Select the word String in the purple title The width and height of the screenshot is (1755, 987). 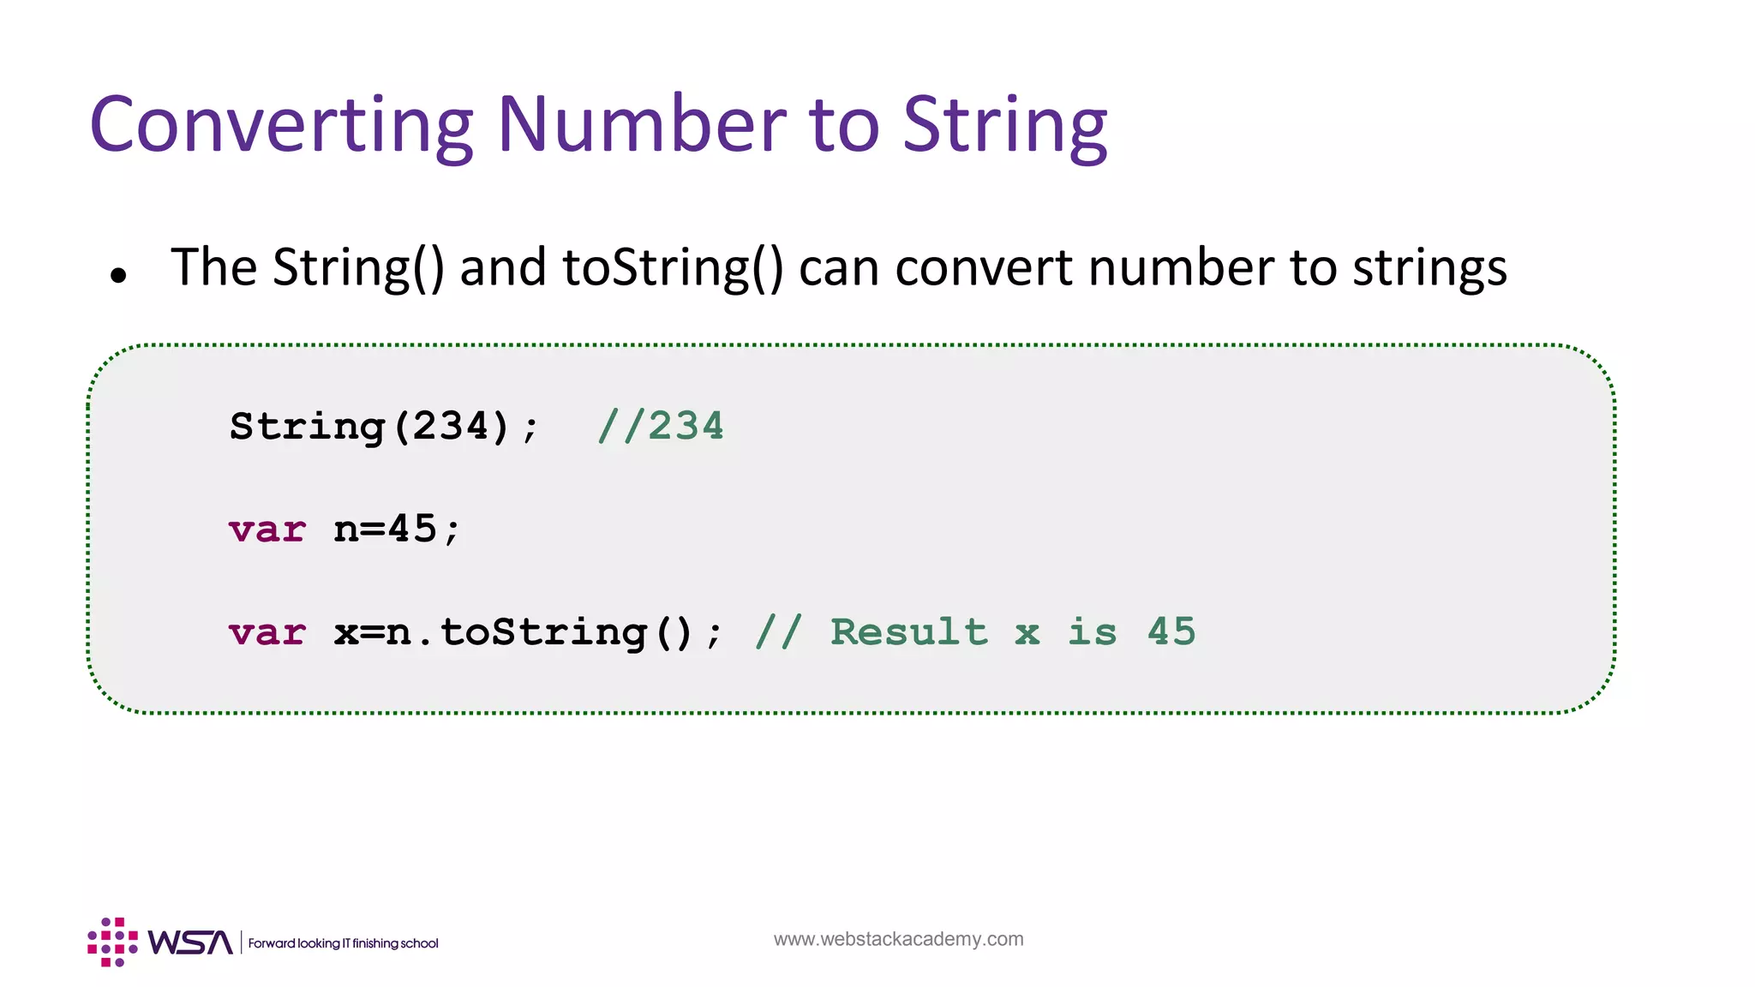point(1004,127)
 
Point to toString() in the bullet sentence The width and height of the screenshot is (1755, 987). point(673,267)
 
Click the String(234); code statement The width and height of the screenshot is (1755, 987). point(384,427)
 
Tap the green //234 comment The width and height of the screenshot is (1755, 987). point(661,427)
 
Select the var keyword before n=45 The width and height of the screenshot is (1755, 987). point(267,529)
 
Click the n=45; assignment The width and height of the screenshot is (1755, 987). point(397,529)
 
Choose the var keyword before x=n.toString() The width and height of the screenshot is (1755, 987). point(267,632)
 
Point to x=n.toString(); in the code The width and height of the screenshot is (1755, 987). point(528,632)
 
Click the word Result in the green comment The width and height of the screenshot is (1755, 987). point(908,632)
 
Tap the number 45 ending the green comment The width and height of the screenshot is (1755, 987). point(1171,632)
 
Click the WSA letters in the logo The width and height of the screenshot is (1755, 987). point(190,942)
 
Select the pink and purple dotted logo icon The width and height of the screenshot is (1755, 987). point(112,942)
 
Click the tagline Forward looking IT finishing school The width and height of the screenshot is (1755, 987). point(343,943)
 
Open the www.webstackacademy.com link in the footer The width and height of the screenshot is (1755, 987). point(898,939)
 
